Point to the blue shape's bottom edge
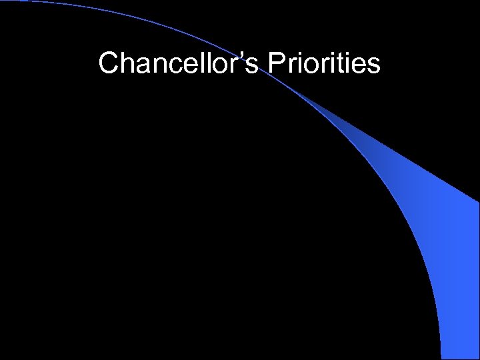point(461,358)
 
